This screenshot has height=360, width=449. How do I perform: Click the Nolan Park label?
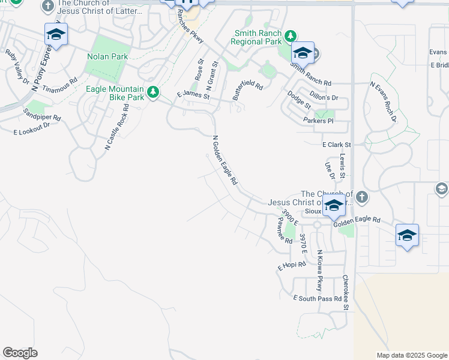(107, 56)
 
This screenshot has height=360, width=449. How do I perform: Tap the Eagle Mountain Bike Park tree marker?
(154, 92)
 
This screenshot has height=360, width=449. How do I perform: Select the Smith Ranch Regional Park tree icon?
(291, 36)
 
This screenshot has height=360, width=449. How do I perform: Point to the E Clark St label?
(336, 145)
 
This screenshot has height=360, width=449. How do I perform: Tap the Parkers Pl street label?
(318, 121)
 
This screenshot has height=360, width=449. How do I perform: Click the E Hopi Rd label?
(292, 265)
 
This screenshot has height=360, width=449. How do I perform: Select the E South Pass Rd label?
(318, 298)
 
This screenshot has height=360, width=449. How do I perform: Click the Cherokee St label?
(346, 292)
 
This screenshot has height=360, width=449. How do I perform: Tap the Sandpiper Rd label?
(43, 115)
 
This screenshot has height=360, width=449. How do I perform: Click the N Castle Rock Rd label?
(116, 127)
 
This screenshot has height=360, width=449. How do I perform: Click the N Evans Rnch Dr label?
(384, 102)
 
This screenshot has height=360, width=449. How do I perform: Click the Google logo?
(20, 353)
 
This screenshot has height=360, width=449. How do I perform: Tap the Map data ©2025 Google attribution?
(412, 355)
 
